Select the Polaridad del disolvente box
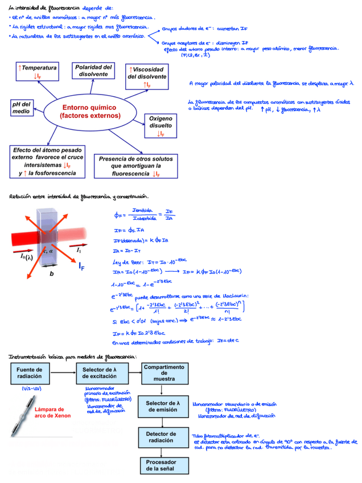pyautogui.click(x=94, y=71)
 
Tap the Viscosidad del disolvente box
pyautogui.click(x=147, y=76)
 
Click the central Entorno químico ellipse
pyautogui.click(x=90, y=111)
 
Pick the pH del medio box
pyautogui.click(x=23, y=108)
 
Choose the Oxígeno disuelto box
pyautogui.click(x=161, y=125)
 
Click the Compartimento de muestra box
pyautogui.click(x=163, y=373)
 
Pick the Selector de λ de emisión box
pyautogui.click(x=163, y=406)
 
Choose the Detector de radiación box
pyautogui.click(x=163, y=437)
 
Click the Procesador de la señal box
pyautogui.click(x=163, y=465)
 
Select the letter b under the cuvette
pyautogui.click(x=51, y=274)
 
